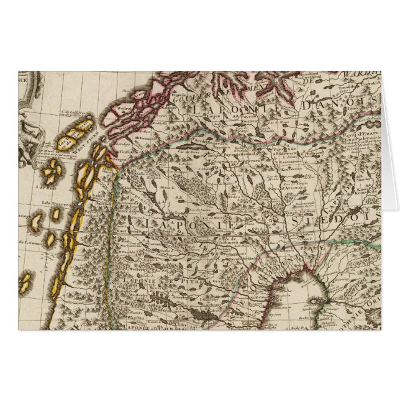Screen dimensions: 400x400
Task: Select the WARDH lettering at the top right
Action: click(363, 78)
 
